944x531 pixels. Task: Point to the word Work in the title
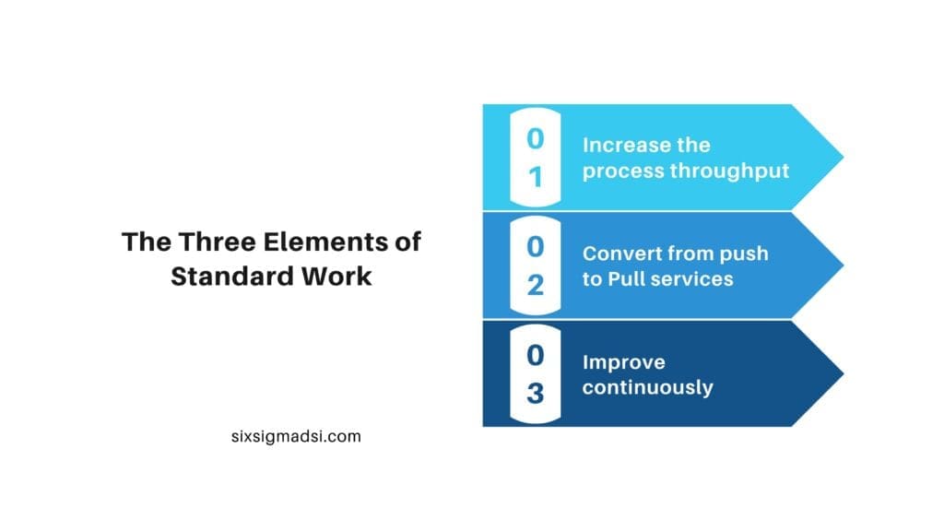pyautogui.click(x=339, y=276)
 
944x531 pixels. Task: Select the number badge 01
pyautogui.click(x=535, y=158)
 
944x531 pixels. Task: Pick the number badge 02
pyautogui.click(x=535, y=265)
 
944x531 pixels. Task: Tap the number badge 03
pyautogui.click(x=535, y=373)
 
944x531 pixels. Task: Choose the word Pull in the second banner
pyautogui.click(x=626, y=278)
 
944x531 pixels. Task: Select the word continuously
pyautogui.click(x=647, y=387)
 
